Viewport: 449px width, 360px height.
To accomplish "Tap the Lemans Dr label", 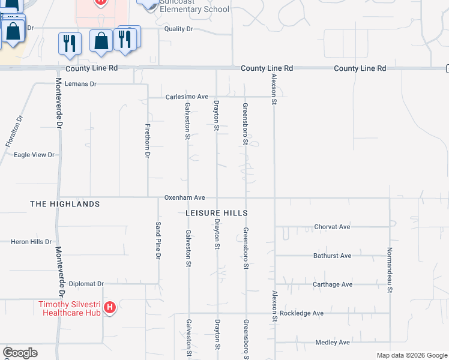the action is tap(80, 84).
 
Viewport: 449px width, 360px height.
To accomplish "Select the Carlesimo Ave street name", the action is tap(187, 97).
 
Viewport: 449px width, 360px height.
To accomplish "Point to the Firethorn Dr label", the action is tap(147, 141).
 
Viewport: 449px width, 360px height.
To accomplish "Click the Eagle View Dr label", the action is tap(34, 155).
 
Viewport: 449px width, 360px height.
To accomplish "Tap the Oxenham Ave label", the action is tap(185, 197).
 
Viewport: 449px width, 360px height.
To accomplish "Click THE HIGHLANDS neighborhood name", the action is tap(65, 205).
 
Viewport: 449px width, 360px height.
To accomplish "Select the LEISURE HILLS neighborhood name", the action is tap(217, 213).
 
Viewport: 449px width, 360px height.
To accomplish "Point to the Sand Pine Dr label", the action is tap(158, 240).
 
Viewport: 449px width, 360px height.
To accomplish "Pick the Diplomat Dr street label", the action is tap(86, 284).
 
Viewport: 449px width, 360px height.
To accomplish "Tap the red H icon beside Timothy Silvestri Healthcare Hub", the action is tap(110, 308).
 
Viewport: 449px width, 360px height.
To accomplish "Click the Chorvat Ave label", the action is tap(332, 227).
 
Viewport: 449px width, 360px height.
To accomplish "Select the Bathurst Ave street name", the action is tap(332, 256).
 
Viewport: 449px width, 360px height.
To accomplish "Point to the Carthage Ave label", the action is tap(333, 284).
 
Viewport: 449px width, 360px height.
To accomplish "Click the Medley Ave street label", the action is tap(333, 343).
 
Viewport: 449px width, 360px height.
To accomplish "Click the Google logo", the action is tap(20, 353).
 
